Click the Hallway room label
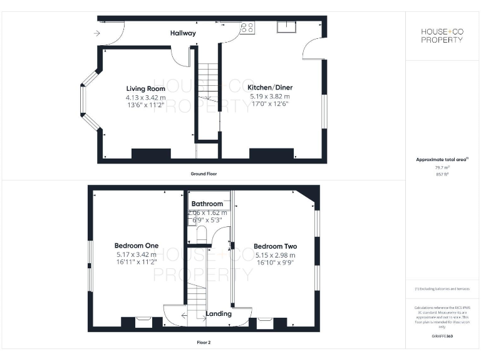(183, 33)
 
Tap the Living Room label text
(145, 89)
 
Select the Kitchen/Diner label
(270, 88)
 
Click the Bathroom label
(207, 204)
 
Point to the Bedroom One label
(136, 246)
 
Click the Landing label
(219, 313)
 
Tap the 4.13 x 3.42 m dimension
(145, 97)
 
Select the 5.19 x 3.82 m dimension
(270, 97)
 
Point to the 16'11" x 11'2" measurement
(136, 263)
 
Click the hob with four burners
(247, 28)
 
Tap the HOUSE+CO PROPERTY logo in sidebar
(442, 35)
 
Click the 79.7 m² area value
(442, 168)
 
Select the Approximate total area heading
(442, 160)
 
